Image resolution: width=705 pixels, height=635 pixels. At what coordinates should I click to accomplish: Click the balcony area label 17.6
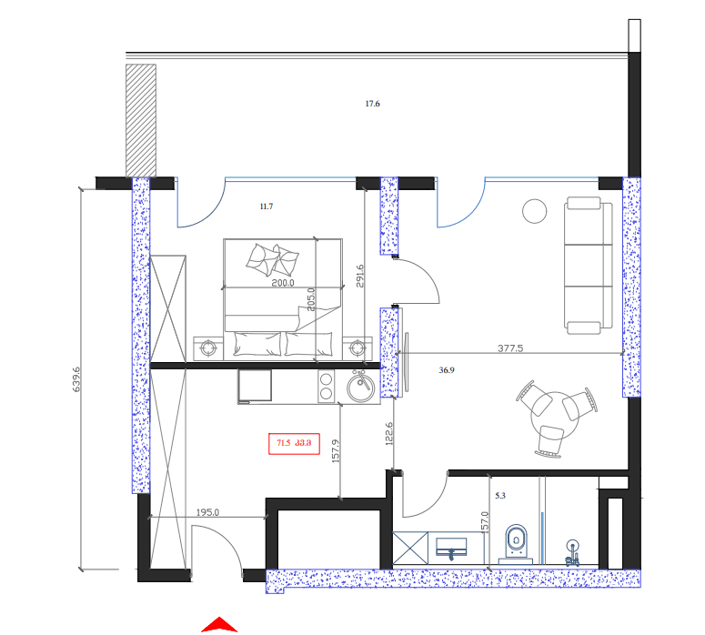pos(372,105)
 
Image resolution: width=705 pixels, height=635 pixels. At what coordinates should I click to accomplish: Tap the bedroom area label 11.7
pos(266,207)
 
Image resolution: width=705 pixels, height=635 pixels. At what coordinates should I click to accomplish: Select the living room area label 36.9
pos(447,370)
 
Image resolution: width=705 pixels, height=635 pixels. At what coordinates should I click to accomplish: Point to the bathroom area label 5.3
pos(499,497)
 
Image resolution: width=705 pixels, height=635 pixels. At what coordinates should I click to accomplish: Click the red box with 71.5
pos(293,444)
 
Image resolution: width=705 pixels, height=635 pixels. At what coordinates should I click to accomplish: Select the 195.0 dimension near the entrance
pos(209,512)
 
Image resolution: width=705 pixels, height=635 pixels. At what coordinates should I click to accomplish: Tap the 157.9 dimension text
pos(336,453)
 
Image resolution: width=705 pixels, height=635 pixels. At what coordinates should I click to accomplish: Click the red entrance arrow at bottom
pos(218,625)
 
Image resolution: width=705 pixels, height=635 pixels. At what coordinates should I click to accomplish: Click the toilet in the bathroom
pos(516,542)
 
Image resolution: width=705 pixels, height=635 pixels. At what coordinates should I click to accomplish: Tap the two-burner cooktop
pos(327,386)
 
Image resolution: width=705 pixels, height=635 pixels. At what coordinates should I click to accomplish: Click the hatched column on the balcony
pos(141,118)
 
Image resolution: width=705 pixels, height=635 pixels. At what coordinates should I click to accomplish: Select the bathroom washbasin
pos(452,548)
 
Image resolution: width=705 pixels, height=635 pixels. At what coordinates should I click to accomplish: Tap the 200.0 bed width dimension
pos(284,283)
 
